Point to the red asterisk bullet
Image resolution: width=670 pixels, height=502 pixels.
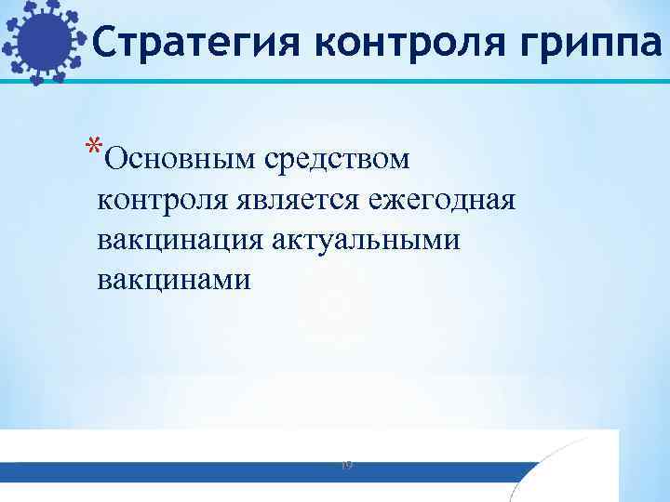tap(92, 148)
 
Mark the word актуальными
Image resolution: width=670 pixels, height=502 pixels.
tap(367, 239)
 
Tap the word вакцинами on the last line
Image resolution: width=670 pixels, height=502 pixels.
tap(174, 278)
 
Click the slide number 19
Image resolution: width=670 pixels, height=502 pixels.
tap(346, 463)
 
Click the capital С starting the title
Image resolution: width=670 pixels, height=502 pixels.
tap(104, 41)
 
